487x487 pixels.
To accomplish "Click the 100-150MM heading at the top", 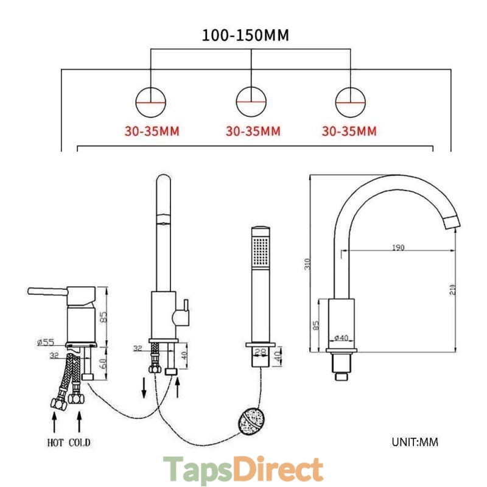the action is pyautogui.click(x=245, y=35).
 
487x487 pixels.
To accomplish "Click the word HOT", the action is pyautogui.click(x=55, y=443).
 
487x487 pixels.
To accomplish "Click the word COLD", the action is pyautogui.click(x=80, y=443).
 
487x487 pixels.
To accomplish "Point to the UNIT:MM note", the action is pyautogui.click(x=415, y=442).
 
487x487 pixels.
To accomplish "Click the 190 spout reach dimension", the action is pyautogui.click(x=398, y=248).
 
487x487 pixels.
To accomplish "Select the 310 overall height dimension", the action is pyautogui.click(x=307, y=264).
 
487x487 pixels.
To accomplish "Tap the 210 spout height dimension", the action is pyautogui.click(x=452, y=290).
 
